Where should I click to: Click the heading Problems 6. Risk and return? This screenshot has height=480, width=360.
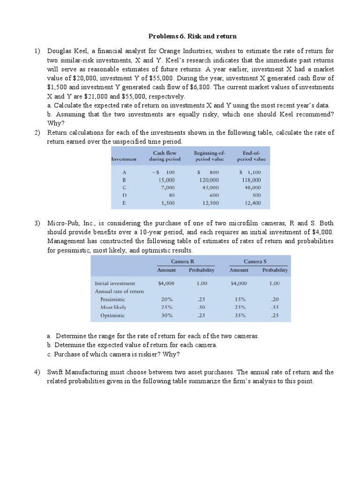193,36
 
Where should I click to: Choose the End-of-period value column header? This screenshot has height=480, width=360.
254,156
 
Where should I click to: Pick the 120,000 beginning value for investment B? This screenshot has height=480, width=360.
208,180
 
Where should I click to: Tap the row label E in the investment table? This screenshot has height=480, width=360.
124,203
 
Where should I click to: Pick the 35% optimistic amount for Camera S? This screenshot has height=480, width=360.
240,315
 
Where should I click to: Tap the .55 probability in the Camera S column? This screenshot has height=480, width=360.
274,307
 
